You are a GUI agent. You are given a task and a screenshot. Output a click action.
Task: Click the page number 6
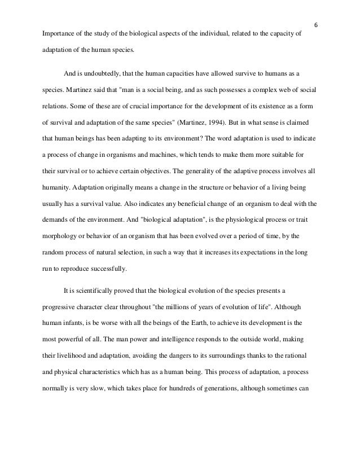(x=316, y=24)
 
